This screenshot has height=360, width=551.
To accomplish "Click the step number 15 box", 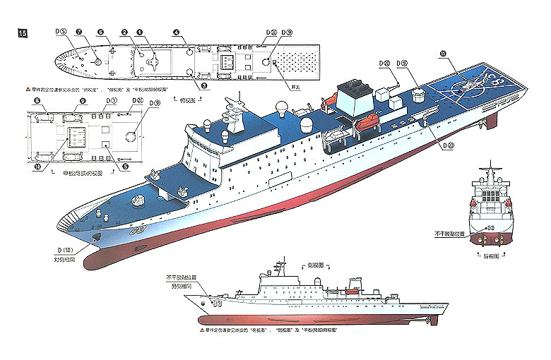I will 23,33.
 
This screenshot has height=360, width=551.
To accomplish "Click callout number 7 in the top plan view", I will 79,32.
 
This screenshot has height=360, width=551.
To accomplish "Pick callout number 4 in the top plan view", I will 176,32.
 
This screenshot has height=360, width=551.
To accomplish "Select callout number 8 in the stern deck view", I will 36,102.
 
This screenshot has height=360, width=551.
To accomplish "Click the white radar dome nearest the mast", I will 281,109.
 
